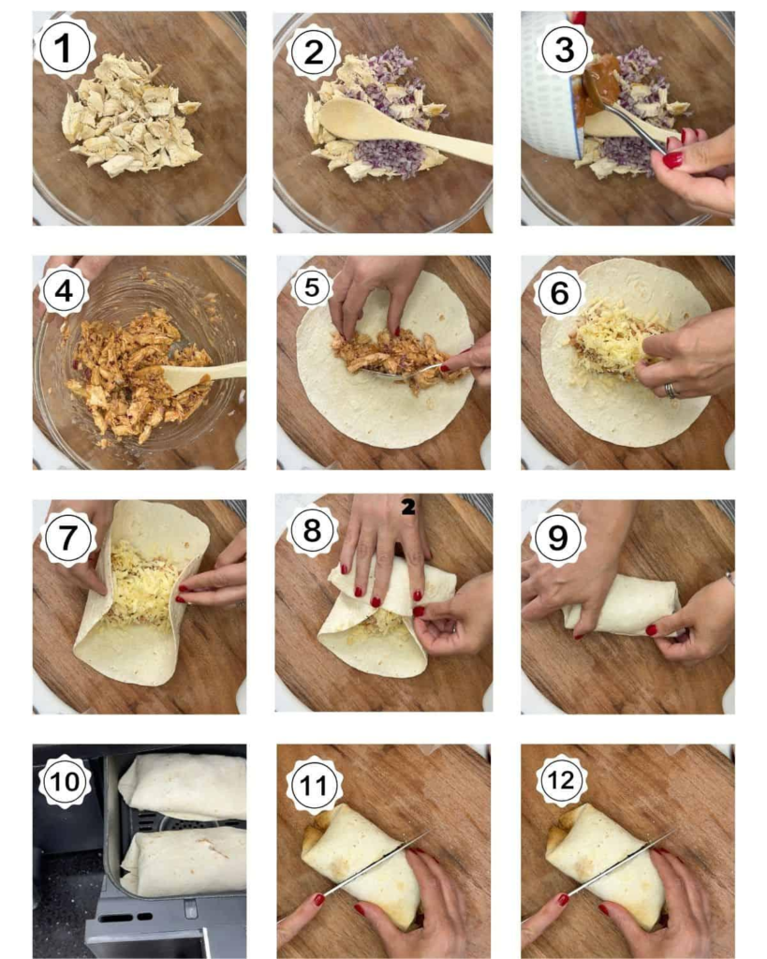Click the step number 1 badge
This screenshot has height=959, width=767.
coord(64,48)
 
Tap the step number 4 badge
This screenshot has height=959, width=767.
coord(64,291)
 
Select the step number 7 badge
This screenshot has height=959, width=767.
coord(67,538)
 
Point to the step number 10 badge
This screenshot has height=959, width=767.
coord(65,781)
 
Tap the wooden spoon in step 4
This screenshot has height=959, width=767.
coord(202,375)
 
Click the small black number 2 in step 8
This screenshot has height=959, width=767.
coord(408,507)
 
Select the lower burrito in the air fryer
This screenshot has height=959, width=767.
coord(184,861)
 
